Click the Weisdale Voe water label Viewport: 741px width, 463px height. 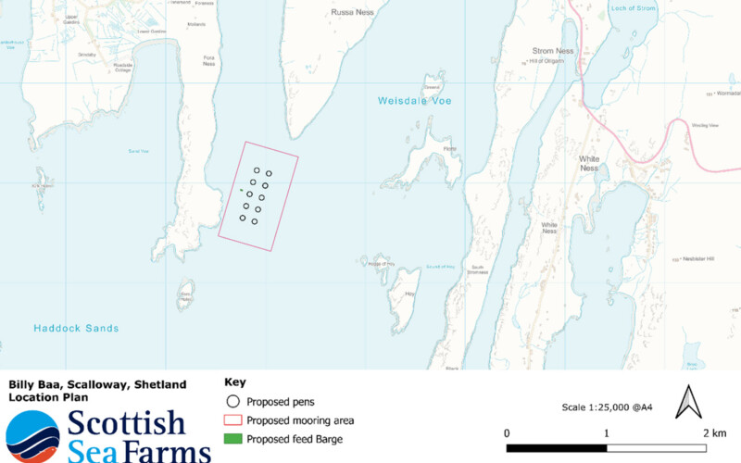coord(414,100)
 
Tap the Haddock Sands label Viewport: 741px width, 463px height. coord(76,328)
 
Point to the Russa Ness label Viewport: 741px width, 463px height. coord(352,13)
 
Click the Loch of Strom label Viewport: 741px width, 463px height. coord(634,8)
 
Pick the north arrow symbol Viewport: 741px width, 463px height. coord(688,402)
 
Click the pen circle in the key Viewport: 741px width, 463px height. coord(233,402)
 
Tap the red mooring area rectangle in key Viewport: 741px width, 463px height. coord(233,420)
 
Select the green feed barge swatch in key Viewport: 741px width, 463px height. coord(233,439)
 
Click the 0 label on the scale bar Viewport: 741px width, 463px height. coord(507,433)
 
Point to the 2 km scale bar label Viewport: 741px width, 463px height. coord(713,433)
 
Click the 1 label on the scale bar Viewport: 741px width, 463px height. coord(607,433)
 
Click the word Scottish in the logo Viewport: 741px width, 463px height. coord(127,423)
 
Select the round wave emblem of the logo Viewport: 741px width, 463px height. coord(32,437)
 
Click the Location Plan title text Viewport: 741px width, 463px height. coord(48,397)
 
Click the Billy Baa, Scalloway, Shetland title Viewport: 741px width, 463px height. coord(97,384)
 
